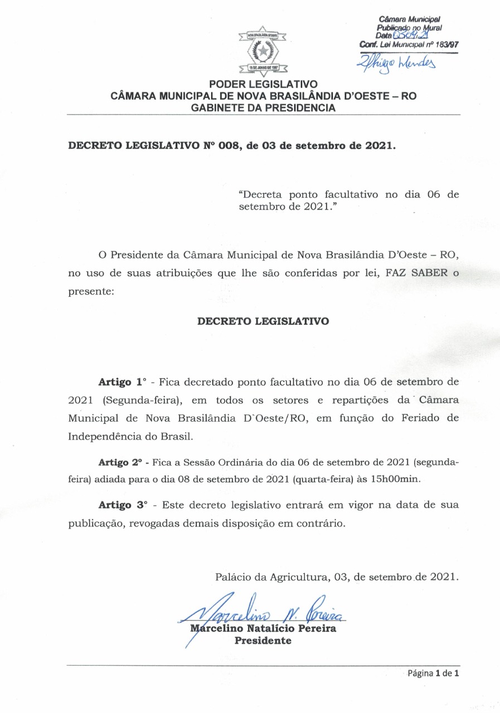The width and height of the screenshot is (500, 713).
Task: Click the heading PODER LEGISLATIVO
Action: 263,85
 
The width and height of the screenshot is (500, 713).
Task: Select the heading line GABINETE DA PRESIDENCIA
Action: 263,108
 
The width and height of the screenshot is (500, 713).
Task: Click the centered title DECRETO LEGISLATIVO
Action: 263,321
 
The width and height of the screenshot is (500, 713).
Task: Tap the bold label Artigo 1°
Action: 122,383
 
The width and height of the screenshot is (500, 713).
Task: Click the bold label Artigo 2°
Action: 120,462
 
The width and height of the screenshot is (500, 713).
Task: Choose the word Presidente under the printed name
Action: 263,641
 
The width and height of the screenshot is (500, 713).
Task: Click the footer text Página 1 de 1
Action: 433,673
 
